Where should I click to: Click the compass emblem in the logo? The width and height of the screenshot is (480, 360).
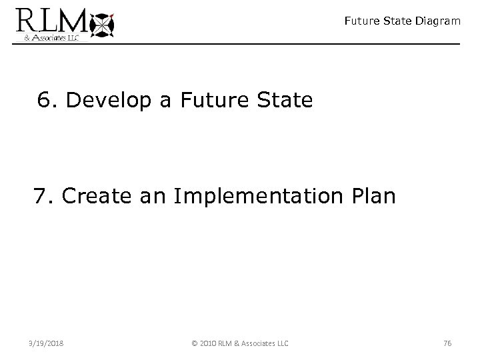102,24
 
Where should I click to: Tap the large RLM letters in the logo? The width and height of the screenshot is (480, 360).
52,19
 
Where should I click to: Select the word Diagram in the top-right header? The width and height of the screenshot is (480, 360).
436,21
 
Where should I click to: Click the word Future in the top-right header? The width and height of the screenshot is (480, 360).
361,21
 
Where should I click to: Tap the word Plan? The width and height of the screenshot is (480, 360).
375,197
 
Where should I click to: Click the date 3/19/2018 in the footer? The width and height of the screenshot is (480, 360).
47,343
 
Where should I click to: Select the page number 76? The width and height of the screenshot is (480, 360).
447,343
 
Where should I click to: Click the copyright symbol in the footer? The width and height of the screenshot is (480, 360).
194,343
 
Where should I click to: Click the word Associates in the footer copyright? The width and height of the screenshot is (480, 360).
259,343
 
